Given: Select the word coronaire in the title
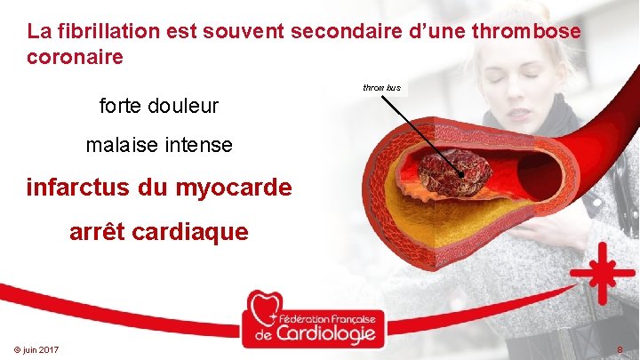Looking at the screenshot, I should click(75, 58).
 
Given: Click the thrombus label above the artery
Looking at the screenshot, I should click(382, 88).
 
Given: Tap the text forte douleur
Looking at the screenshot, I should click(159, 108).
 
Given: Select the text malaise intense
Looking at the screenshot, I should click(159, 145).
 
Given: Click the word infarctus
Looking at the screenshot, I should click(82, 188).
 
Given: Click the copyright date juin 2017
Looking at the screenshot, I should click(36, 350).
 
